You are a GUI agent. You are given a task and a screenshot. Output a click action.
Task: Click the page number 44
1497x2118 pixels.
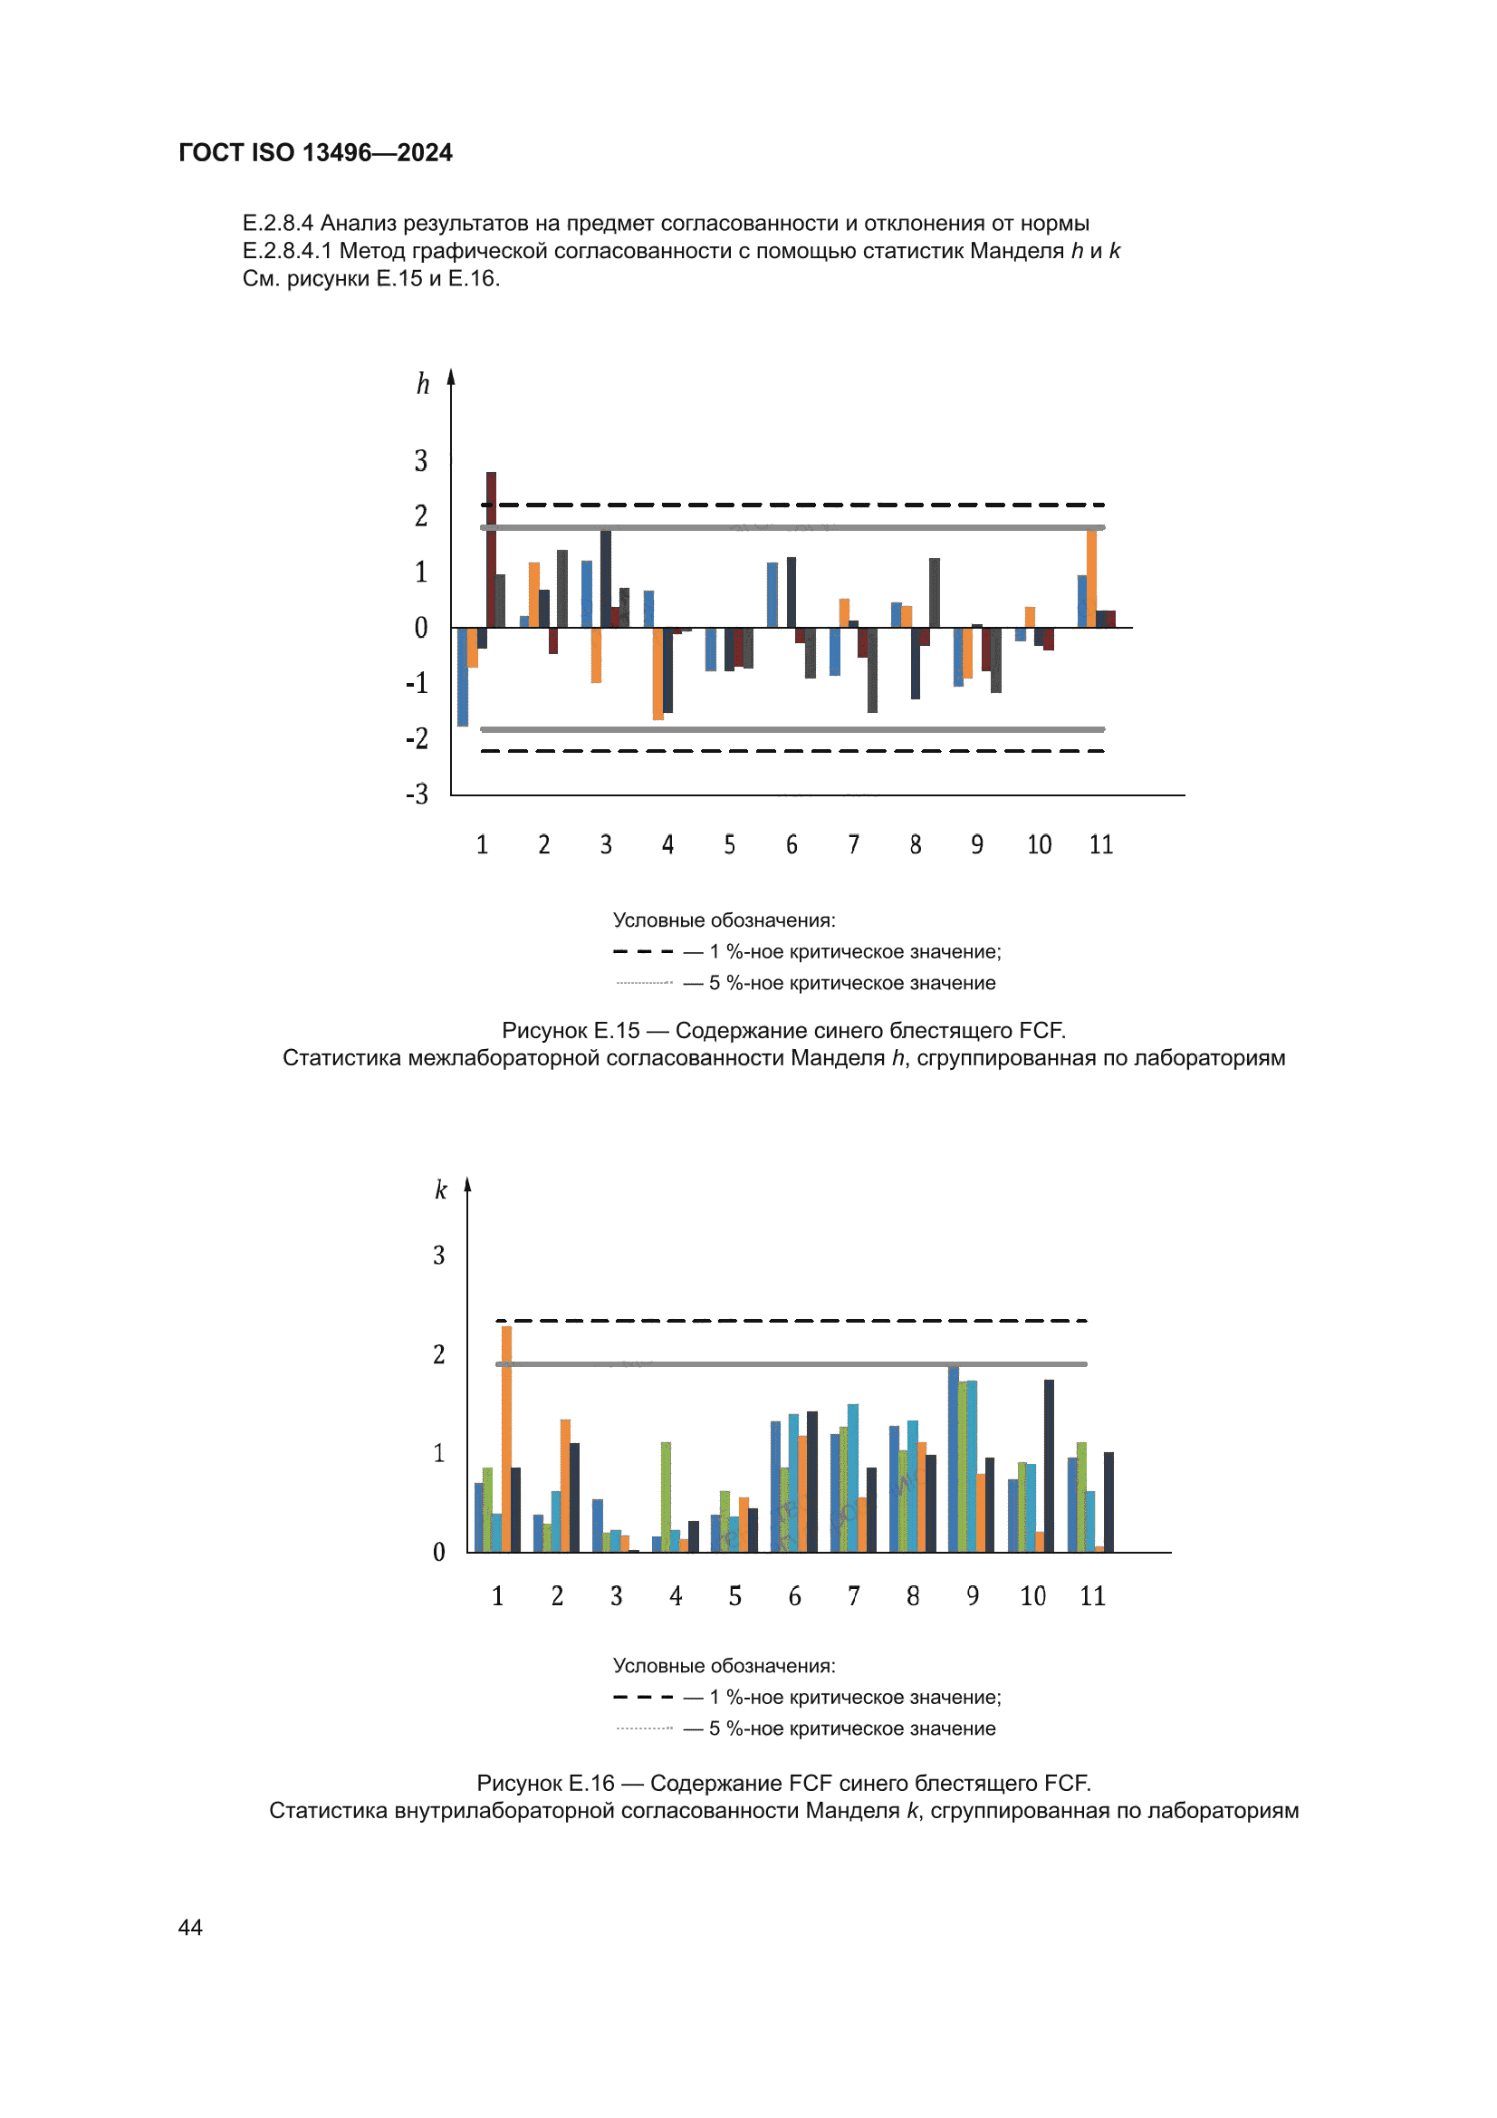coord(190,1927)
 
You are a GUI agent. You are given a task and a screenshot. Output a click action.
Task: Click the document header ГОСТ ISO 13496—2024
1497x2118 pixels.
coord(315,152)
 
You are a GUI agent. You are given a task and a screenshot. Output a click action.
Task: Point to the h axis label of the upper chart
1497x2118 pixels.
coord(422,383)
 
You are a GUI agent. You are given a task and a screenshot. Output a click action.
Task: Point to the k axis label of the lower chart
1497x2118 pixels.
coord(441,1189)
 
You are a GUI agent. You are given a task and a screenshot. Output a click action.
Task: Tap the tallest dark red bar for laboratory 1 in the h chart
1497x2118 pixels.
coord(491,550)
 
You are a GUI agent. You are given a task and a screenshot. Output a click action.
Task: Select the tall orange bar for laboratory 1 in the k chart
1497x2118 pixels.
coord(506,1439)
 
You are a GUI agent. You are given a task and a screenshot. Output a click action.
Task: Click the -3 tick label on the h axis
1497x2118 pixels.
coord(417,794)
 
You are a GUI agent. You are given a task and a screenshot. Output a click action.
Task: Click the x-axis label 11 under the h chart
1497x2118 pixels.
coord(1101,844)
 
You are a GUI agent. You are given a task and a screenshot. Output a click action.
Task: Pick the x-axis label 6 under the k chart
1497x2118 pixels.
coord(794,1596)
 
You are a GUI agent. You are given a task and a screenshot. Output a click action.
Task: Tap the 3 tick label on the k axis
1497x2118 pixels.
coord(439,1255)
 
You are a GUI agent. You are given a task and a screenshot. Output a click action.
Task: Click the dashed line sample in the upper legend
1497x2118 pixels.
coord(644,951)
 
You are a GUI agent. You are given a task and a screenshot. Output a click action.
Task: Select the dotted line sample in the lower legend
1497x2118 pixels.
coord(644,1728)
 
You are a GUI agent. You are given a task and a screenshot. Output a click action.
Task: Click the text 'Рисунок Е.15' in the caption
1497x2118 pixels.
coord(570,1030)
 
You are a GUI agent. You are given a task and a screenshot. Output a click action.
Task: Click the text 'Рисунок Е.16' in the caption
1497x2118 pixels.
coord(545,1783)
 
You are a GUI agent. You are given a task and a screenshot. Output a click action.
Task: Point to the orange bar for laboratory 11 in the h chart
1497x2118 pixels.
coord(1092,578)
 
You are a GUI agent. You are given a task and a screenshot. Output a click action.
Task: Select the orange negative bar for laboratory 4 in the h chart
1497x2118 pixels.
coord(657,673)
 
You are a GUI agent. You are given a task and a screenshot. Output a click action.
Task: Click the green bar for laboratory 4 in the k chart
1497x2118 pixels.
coord(666,1497)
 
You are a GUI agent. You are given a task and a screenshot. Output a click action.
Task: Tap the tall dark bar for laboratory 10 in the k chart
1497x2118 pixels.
coord(1049,1466)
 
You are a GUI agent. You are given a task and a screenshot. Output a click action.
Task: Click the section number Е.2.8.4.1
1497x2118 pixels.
coord(287,251)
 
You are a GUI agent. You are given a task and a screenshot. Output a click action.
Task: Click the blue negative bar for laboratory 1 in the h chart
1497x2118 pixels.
coord(462,676)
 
